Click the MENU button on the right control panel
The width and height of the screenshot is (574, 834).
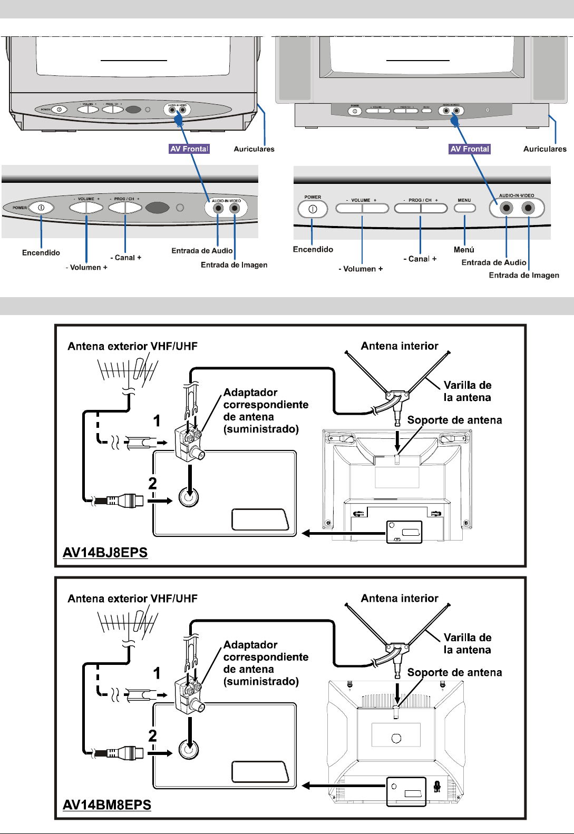(464, 208)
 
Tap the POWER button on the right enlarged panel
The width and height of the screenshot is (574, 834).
(313, 209)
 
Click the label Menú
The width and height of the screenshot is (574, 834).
(464, 250)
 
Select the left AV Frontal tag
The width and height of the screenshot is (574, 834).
(189, 149)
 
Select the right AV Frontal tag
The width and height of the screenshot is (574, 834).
(470, 149)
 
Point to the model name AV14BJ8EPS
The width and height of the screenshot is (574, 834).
(105, 553)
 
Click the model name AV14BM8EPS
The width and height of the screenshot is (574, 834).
(107, 805)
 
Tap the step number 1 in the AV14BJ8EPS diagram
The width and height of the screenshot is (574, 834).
(157, 421)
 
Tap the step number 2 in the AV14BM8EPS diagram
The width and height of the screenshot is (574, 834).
(152, 735)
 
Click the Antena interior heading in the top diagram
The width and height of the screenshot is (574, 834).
(400, 346)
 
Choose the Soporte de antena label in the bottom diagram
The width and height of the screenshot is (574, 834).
(454, 672)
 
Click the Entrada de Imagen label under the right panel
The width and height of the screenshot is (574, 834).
(524, 275)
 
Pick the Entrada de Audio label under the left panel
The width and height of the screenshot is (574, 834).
(202, 251)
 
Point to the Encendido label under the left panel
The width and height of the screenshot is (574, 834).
(41, 253)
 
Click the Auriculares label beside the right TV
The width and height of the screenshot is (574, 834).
(544, 149)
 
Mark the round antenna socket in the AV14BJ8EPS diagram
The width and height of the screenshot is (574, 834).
(189, 496)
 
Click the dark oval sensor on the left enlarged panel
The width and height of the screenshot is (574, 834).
(157, 208)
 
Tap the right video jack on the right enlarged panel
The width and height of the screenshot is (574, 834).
(528, 208)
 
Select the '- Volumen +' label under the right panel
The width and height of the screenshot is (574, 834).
(361, 269)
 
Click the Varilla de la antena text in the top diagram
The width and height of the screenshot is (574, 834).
(467, 391)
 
